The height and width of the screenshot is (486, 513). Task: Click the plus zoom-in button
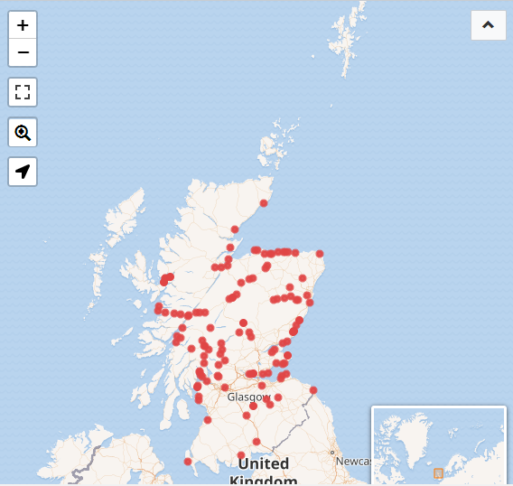point(23,25)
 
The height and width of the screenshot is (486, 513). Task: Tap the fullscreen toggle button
point(23,92)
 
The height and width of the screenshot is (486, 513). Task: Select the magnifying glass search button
point(23,133)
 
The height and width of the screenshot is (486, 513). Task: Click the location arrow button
point(23,172)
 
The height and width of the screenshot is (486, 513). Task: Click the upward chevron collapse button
point(488,25)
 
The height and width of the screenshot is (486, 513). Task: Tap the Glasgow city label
point(248,397)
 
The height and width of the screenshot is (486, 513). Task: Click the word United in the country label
point(263,464)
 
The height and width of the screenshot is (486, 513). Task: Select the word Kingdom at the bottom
point(263,481)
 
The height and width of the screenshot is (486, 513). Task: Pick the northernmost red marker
point(265,203)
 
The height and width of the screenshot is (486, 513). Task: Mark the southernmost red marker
point(188,462)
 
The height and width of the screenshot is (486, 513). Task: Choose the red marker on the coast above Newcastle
point(313,390)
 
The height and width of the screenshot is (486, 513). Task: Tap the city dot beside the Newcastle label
point(332,452)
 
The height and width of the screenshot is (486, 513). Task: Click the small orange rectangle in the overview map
point(438,473)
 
